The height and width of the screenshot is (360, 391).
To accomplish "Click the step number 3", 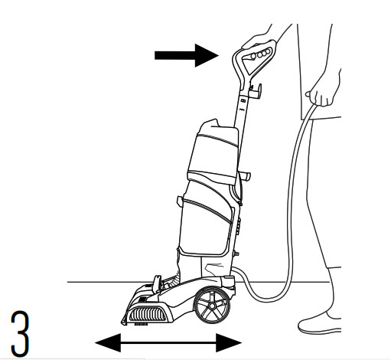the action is pyautogui.click(x=20, y=334).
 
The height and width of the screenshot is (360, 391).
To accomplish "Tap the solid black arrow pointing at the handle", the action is pyautogui.click(x=187, y=55).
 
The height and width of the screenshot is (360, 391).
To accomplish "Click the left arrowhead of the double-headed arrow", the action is pyautogui.click(x=108, y=342).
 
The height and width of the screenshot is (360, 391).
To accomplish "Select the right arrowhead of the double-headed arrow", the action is pyautogui.click(x=229, y=342).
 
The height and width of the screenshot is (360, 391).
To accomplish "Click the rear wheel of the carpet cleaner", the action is pyautogui.click(x=212, y=305).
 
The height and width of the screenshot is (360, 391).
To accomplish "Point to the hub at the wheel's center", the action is pyautogui.click(x=212, y=306).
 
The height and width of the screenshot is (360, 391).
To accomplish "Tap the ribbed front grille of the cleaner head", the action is pyautogui.click(x=148, y=314).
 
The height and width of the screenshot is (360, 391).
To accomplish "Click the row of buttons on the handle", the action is pyautogui.click(x=260, y=54).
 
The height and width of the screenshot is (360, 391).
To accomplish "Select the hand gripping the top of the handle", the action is pyautogui.click(x=258, y=38).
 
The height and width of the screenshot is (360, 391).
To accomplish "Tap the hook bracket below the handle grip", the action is pyautogui.click(x=256, y=91).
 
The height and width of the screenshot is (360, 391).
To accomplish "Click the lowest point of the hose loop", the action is pyautogui.click(x=269, y=300).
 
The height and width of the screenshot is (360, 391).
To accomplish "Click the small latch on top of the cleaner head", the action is pyautogui.click(x=156, y=283).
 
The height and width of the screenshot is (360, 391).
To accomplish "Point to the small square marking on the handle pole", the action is pyautogui.click(x=243, y=100).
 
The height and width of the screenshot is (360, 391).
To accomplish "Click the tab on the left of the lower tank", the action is pyautogui.click(x=180, y=201).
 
